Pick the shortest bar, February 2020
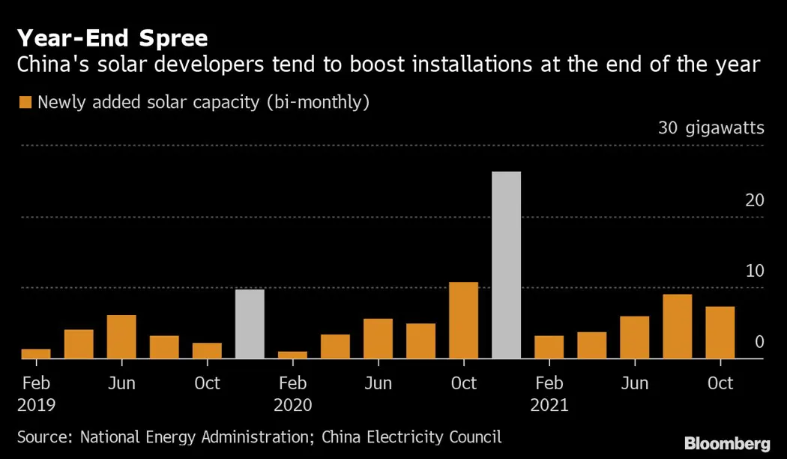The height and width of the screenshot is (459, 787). (x=292, y=355)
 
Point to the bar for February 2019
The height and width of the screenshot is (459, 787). (x=36, y=353)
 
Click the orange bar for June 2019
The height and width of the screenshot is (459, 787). (x=121, y=337)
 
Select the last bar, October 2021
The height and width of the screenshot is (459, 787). (x=720, y=332)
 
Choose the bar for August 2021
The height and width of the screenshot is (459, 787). (x=677, y=326)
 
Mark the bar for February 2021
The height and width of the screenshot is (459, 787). (x=549, y=346)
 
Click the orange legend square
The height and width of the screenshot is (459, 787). (x=25, y=103)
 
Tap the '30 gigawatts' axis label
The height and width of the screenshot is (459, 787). (x=711, y=128)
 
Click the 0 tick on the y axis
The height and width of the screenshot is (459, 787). (x=759, y=342)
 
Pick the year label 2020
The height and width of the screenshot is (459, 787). (x=293, y=406)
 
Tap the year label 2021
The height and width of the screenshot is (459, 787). (x=549, y=406)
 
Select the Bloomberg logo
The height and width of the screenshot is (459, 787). (x=726, y=442)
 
